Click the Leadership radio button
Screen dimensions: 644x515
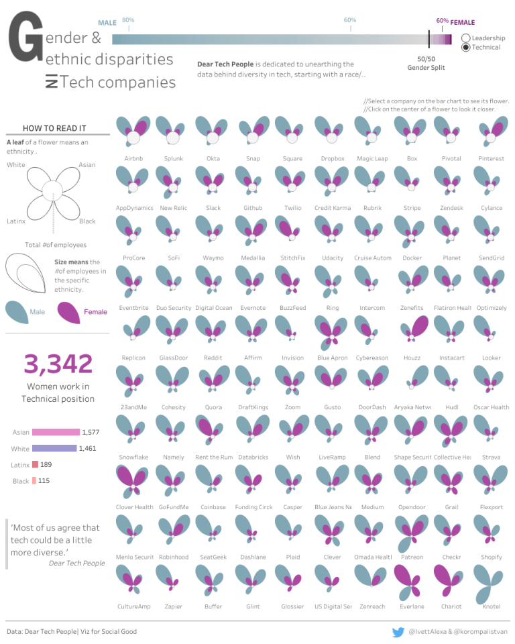(x=466, y=38)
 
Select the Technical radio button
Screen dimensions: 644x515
(x=466, y=48)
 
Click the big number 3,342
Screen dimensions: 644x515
(x=58, y=364)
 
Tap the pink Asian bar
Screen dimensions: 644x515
(x=56, y=433)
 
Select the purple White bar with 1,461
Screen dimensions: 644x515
(x=54, y=448)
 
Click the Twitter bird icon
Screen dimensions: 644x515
(x=398, y=632)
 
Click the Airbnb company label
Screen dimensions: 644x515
(x=133, y=159)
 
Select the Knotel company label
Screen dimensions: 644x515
(x=492, y=606)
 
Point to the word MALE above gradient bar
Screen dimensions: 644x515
(x=107, y=23)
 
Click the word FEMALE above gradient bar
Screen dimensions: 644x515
(x=462, y=23)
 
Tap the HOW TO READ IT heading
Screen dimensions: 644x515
(x=54, y=128)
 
